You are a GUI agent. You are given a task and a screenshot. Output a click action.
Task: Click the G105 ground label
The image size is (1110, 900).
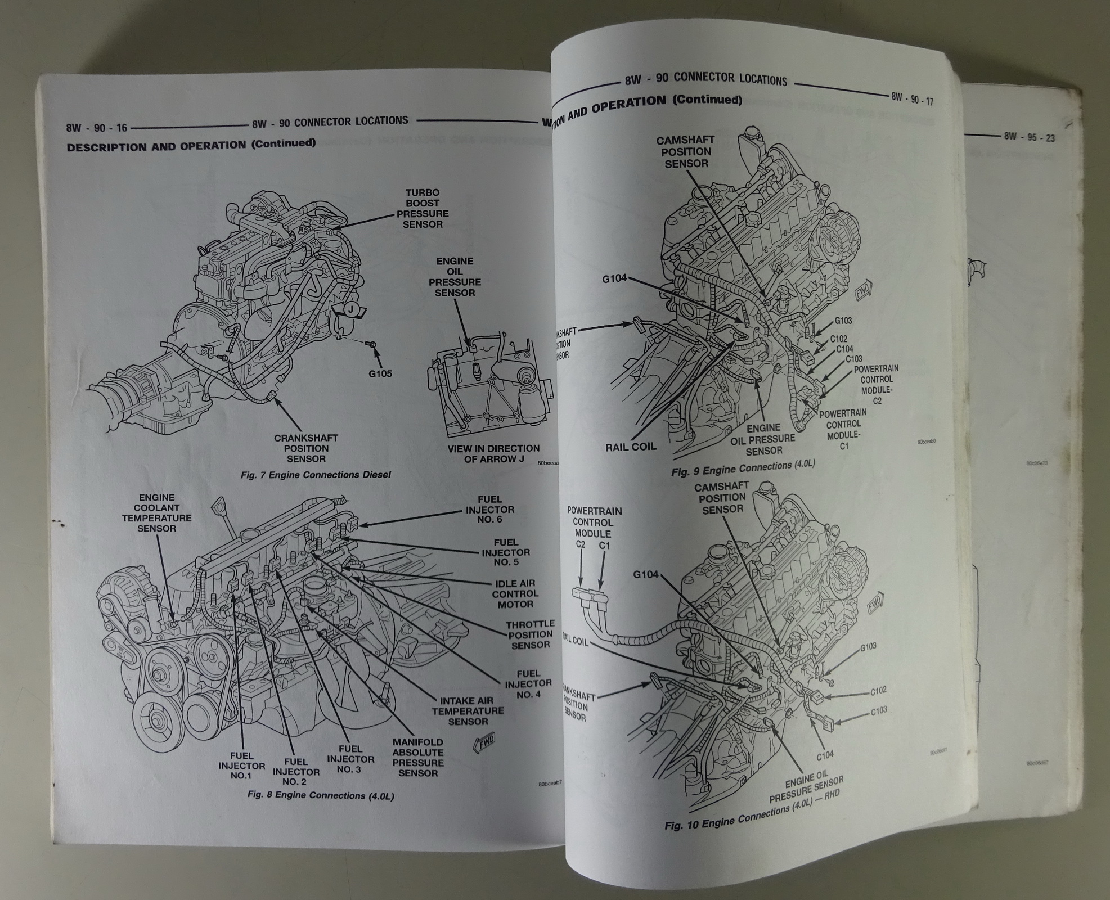[380, 373]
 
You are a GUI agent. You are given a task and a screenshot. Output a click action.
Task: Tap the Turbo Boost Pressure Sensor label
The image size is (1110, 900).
[423, 209]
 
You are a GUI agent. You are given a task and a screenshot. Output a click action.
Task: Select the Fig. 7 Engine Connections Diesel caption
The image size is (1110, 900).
[315, 475]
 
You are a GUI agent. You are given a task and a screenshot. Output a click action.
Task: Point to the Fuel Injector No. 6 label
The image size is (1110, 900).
[489, 509]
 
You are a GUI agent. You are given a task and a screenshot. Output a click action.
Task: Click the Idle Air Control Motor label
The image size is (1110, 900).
[515, 594]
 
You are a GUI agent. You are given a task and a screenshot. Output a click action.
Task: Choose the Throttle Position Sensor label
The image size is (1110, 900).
[530, 634]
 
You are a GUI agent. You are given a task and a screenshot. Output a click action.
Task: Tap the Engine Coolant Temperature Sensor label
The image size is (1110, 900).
[156, 513]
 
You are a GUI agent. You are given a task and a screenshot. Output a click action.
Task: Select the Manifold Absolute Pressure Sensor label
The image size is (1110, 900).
[417, 758]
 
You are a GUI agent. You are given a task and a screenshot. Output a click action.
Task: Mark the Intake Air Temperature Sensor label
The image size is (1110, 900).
[468, 710]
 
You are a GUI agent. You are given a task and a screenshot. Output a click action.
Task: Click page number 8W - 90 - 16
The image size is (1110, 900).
[97, 128]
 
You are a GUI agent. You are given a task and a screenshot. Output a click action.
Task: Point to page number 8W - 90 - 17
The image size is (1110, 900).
[912, 98]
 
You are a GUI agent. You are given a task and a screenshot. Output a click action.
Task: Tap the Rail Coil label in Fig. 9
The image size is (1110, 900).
[631, 447]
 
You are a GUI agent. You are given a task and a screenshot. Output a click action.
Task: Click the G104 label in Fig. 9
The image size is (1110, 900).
[614, 278]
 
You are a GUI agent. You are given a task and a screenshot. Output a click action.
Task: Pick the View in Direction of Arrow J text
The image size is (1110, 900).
[493, 453]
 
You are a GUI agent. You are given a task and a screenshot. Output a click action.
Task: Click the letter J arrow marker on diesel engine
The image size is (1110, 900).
[350, 309]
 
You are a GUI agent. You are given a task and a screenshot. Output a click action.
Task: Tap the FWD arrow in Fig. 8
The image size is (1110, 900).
[479, 742]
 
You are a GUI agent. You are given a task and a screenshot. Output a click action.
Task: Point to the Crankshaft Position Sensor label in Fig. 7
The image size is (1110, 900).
[305, 448]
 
